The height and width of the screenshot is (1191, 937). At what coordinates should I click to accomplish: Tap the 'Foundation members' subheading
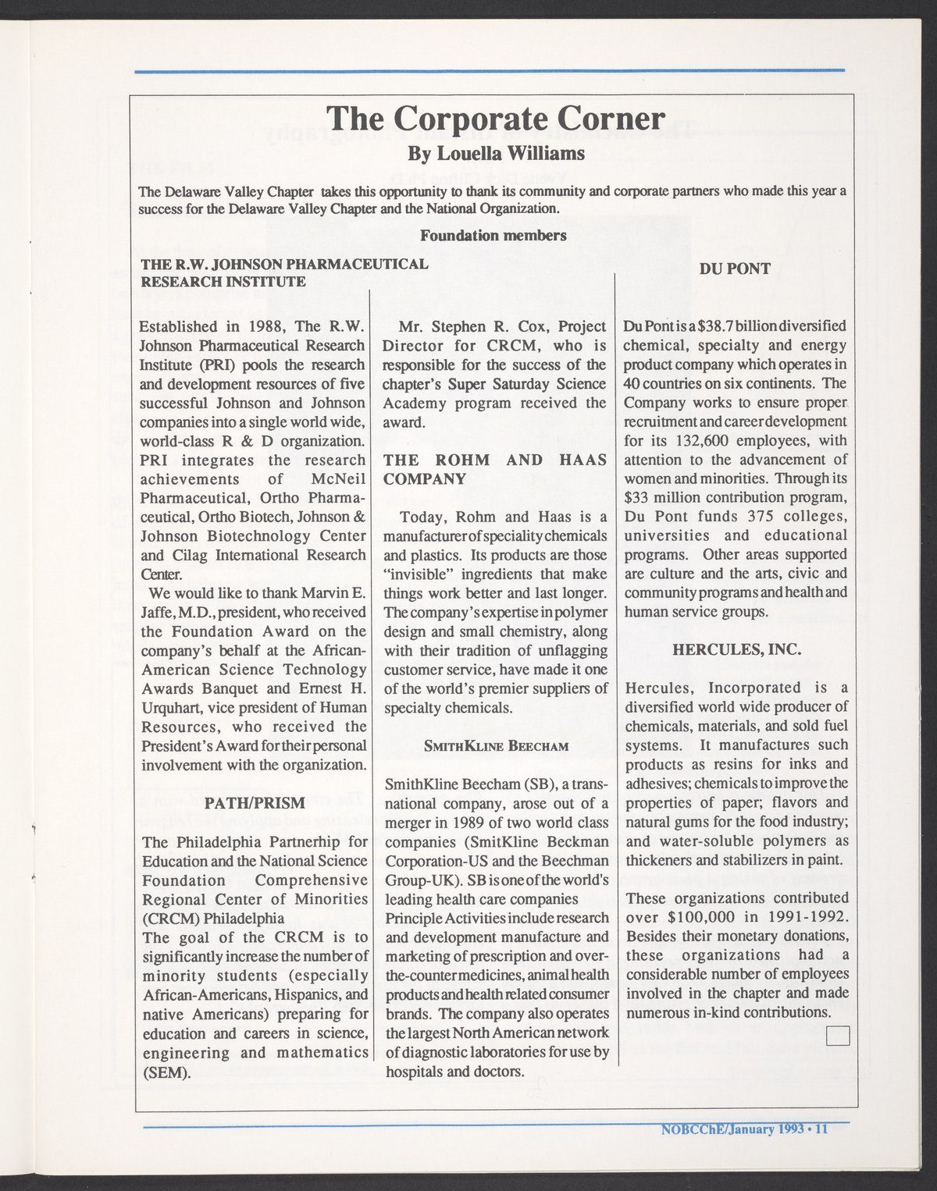click(x=493, y=235)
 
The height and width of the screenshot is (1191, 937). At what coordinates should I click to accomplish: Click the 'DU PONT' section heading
click(x=735, y=269)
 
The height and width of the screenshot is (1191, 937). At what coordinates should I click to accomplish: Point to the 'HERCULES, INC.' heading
click(x=736, y=649)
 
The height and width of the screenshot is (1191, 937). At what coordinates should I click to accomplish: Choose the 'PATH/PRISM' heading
click(x=254, y=803)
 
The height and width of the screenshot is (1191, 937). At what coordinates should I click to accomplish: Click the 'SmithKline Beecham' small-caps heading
click(x=495, y=745)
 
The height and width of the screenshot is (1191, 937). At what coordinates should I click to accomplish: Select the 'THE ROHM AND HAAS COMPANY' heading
click(x=495, y=469)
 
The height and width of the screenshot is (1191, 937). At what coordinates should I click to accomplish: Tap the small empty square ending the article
click(x=837, y=1036)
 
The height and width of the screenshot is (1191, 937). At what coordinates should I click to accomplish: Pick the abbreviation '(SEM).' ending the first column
click(x=166, y=1072)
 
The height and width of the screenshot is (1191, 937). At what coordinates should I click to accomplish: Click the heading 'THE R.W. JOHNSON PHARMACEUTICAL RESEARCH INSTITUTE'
click(x=284, y=272)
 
